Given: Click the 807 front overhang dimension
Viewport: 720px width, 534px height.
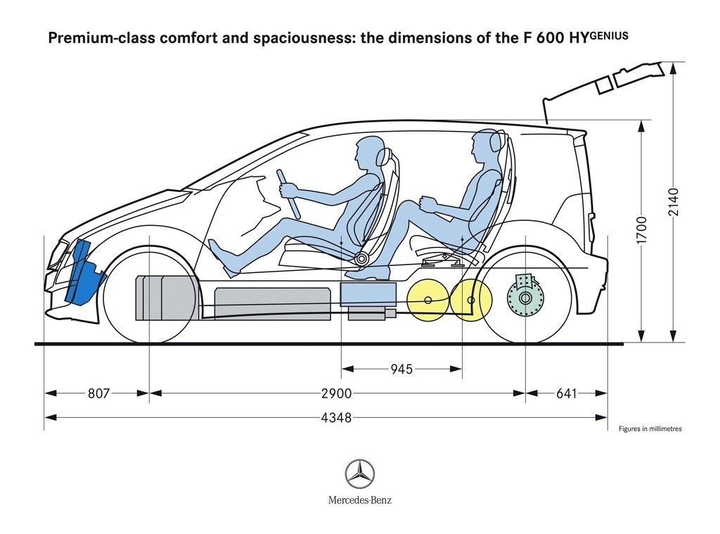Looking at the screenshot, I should coord(98,394).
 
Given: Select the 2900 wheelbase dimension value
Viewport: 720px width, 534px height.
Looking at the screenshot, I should coord(336,394).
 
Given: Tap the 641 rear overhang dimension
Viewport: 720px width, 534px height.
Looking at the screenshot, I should coord(566,394).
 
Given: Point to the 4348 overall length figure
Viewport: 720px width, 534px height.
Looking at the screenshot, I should coord(336,418).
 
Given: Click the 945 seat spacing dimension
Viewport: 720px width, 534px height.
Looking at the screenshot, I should coord(401,369).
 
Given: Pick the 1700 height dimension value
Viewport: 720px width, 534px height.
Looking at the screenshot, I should coord(641,230).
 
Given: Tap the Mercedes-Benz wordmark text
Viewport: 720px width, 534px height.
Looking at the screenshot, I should coord(359,500).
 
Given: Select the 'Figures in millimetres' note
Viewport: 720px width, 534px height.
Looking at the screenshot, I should coord(650,428).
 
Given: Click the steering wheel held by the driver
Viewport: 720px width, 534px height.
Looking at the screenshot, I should coord(288,193).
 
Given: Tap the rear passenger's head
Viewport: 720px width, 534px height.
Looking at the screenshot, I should coord(485,145).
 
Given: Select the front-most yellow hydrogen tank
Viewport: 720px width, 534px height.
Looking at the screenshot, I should coord(427,301).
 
